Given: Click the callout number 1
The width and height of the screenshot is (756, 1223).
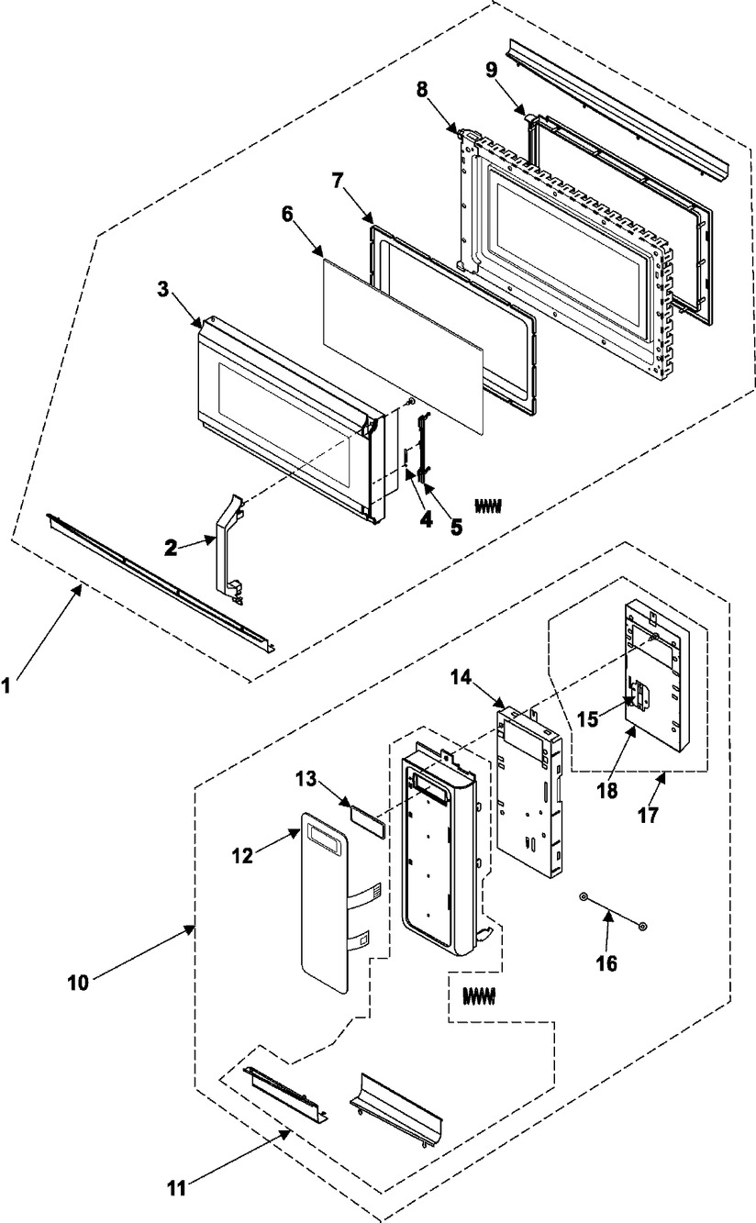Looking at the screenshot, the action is pyautogui.click(x=6, y=686).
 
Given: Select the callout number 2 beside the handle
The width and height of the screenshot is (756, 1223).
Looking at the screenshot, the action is pyautogui.click(x=171, y=548).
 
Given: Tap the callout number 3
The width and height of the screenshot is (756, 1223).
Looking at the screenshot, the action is pyautogui.click(x=163, y=289).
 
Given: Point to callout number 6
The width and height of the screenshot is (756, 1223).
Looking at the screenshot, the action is pyautogui.click(x=287, y=215).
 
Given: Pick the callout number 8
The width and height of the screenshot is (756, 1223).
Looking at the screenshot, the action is pyautogui.click(x=422, y=90).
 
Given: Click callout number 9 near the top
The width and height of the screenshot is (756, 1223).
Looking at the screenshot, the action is pyautogui.click(x=491, y=71).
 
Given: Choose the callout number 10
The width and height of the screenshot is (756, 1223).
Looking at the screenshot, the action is pyautogui.click(x=77, y=983).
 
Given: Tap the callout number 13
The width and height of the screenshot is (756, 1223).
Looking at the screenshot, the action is pyautogui.click(x=306, y=779).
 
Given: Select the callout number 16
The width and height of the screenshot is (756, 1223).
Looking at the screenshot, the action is pyautogui.click(x=606, y=963).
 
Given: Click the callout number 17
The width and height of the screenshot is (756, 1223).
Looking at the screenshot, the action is pyautogui.click(x=648, y=815).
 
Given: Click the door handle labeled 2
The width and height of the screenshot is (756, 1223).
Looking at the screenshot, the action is pyautogui.click(x=229, y=549).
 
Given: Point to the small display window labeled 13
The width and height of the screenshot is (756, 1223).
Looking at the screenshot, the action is pyautogui.click(x=369, y=822).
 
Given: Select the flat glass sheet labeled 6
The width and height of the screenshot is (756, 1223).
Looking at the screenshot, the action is pyautogui.click(x=404, y=346).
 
